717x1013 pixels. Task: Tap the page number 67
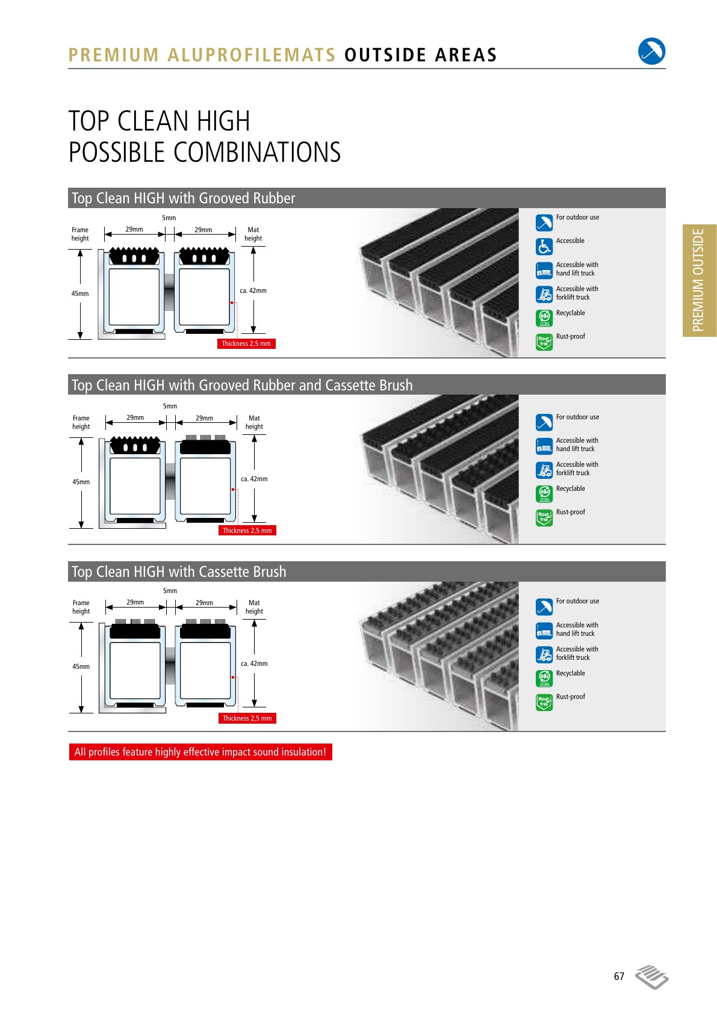(x=619, y=976)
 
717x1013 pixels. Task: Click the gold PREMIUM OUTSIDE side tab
(x=700, y=280)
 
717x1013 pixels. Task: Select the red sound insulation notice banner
(x=200, y=751)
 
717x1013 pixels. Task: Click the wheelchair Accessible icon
(x=544, y=247)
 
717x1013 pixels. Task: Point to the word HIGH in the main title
(x=223, y=121)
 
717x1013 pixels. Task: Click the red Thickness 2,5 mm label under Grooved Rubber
(x=246, y=343)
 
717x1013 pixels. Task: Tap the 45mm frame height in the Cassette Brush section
(x=81, y=667)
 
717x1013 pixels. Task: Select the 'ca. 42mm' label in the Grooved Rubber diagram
(x=253, y=291)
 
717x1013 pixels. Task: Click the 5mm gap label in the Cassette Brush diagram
(x=170, y=591)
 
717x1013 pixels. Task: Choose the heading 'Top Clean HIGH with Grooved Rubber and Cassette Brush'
(x=242, y=386)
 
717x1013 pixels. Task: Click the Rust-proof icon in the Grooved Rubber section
(x=544, y=342)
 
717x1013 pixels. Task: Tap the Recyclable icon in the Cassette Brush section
(x=544, y=679)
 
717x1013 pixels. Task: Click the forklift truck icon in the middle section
(x=544, y=470)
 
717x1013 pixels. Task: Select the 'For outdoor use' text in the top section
(x=577, y=218)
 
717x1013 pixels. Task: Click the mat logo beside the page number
(x=652, y=977)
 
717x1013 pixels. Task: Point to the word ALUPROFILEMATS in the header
(x=251, y=55)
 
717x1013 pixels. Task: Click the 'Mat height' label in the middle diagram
(x=254, y=422)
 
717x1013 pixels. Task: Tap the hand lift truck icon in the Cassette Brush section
(x=544, y=630)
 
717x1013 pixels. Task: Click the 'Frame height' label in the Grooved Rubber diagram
(x=80, y=234)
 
